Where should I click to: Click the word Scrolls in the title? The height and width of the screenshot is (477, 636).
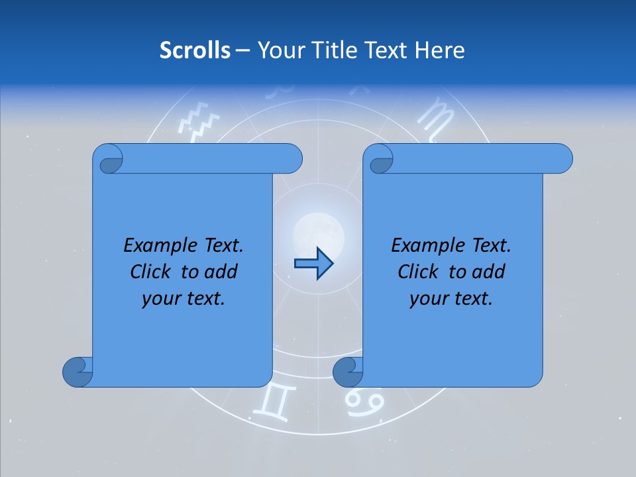pos(195,50)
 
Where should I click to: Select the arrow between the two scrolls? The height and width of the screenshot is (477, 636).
pos(313,264)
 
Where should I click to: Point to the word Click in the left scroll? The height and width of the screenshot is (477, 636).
pos(153,272)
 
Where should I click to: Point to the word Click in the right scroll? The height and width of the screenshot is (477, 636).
pos(421,272)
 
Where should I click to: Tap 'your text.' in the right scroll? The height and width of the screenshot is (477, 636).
pos(451,299)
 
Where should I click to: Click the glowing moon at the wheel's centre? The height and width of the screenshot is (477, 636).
pos(318,233)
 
